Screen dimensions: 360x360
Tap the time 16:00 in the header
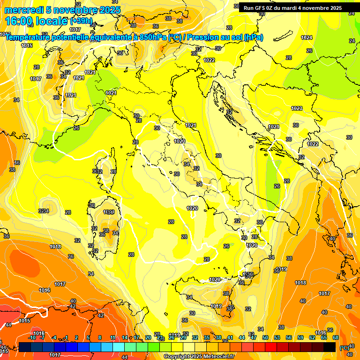[21, 22]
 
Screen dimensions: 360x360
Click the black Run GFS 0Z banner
[292, 8]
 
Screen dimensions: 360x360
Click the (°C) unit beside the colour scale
[344, 348]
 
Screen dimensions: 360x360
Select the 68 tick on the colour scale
[336, 337]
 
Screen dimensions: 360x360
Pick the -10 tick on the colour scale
[32, 337]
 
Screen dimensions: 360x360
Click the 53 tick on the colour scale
[277, 337]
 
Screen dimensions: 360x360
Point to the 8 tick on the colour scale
[100, 337]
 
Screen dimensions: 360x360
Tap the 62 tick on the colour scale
[312, 337]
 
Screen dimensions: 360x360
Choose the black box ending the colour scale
[330, 347]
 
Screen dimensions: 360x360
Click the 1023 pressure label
[297, 108]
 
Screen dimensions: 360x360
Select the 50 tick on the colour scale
[265, 337]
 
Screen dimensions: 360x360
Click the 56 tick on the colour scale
[289, 337]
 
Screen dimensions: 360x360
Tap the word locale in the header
[53, 22]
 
